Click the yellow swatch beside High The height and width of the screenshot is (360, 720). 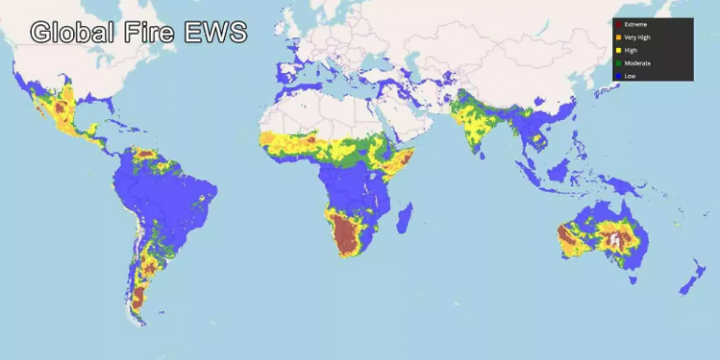click(618, 50)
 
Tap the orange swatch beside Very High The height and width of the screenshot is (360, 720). click(618, 37)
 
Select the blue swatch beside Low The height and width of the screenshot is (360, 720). click(618, 76)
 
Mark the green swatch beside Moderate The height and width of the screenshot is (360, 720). click(618, 63)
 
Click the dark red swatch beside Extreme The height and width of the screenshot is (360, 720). click(618, 24)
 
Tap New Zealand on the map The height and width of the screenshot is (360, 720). click(694, 277)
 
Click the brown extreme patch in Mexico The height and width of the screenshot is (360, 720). click(64, 110)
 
